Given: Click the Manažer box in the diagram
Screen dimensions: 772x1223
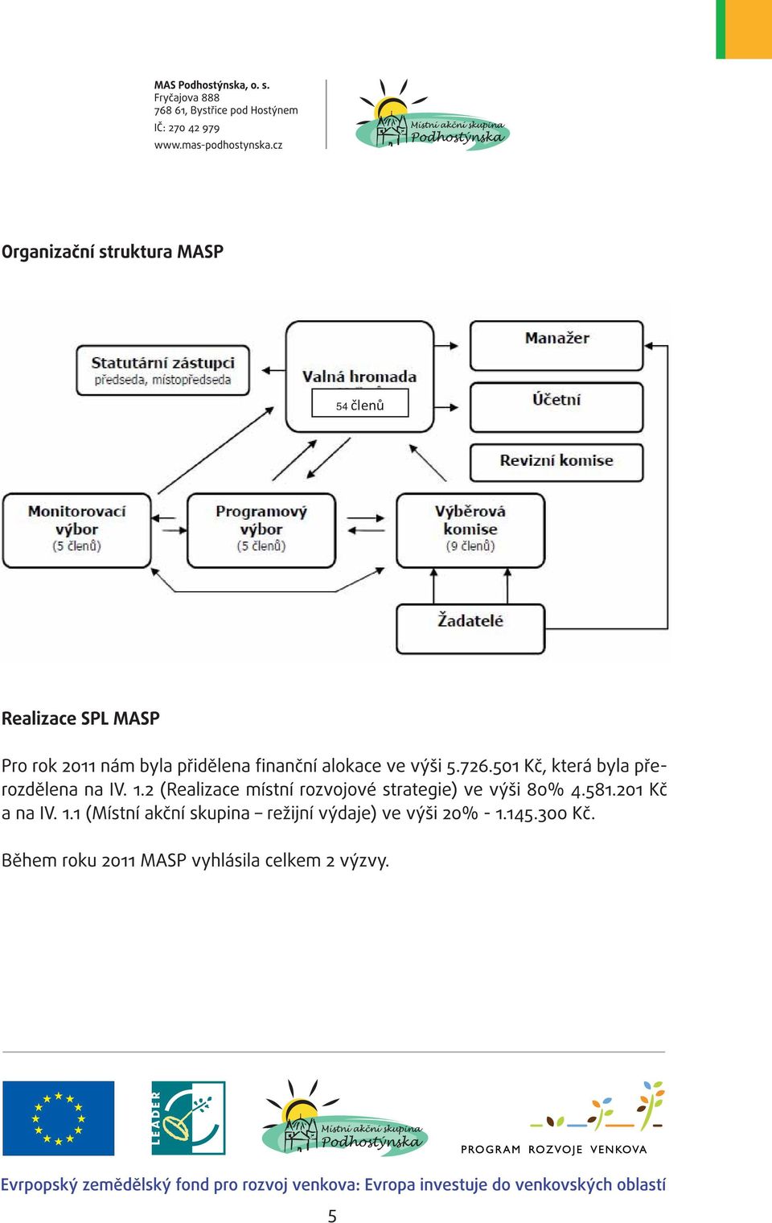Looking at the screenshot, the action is (556, 346).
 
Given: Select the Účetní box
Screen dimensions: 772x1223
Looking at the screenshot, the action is (556, 407).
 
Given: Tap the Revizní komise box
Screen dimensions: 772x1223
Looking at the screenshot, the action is (556, 463).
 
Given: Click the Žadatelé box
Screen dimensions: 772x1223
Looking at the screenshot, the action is (470, 628).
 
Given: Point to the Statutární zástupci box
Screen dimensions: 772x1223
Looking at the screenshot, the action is (162, 370).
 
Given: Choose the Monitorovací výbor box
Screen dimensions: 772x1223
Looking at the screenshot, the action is (77, 531).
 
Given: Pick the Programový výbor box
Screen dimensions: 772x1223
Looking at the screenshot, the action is (261, 531).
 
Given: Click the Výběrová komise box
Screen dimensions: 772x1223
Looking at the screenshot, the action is (470, 531).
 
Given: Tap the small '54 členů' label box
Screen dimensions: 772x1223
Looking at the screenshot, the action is (360, 403).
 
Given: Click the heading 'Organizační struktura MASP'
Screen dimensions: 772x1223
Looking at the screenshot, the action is (113, 252).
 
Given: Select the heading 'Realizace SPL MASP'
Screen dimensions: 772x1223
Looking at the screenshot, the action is (80, 718).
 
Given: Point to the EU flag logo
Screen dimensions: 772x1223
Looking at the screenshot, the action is (59, 1118).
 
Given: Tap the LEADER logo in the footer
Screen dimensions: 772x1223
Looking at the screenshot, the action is (188, 1118).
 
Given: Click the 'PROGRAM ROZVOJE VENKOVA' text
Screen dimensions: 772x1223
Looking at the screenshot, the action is (554, 1149).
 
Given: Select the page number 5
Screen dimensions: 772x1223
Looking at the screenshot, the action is (331, 1215).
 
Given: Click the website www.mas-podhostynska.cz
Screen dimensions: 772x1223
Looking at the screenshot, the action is (218, 145).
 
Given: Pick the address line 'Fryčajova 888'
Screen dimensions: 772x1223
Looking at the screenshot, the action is (187, 97).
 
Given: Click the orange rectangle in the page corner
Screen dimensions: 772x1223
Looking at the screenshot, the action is (749, 29).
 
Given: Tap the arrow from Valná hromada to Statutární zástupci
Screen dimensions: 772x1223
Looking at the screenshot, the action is (274, 371).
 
